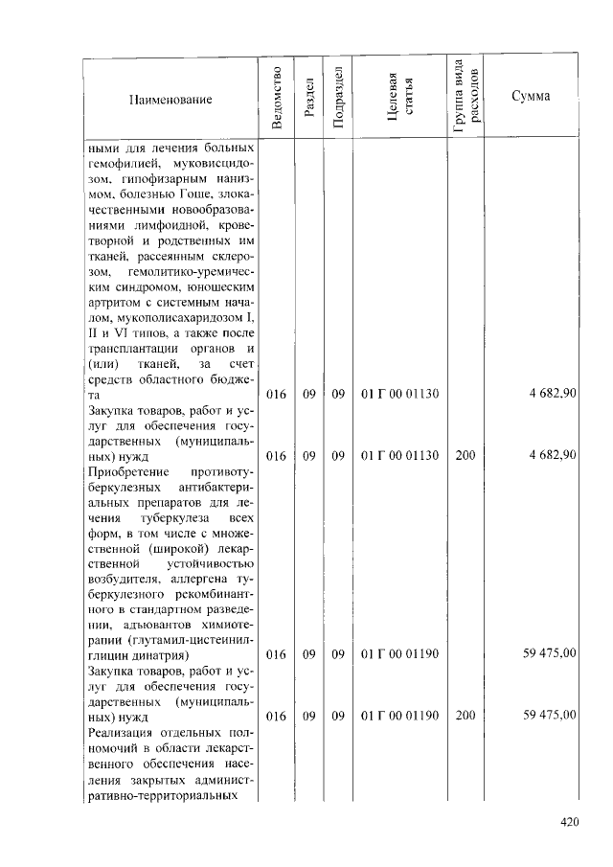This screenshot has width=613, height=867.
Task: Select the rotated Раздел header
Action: [x=306, y=99]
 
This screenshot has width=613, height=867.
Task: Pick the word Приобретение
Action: [x=127, y=473]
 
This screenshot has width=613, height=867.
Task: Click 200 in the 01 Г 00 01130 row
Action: [x=465, y=456]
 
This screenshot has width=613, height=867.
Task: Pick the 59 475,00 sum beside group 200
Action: [x=549, y=715]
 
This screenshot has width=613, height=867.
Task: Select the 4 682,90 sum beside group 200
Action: [x=552, y=456]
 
